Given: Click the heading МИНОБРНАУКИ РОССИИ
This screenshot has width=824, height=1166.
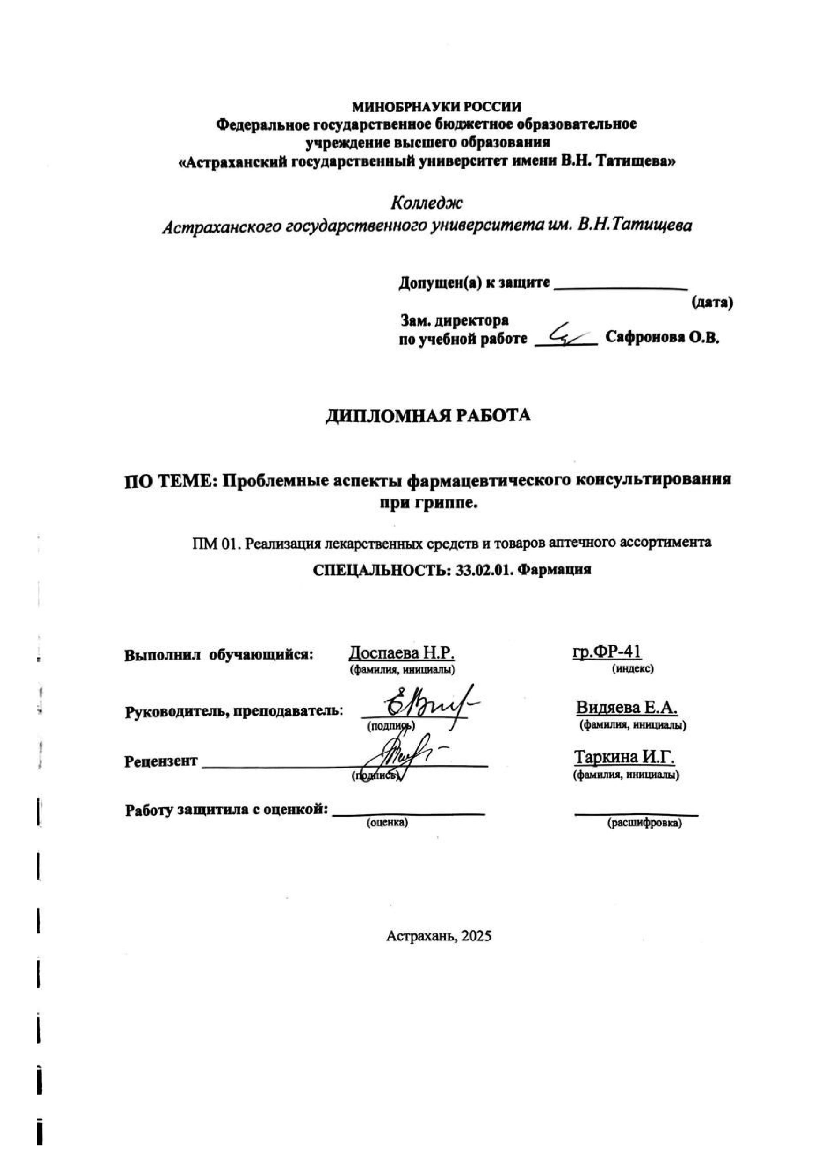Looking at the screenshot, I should [436, 107].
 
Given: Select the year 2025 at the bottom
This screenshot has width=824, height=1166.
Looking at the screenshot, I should [476, 950].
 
